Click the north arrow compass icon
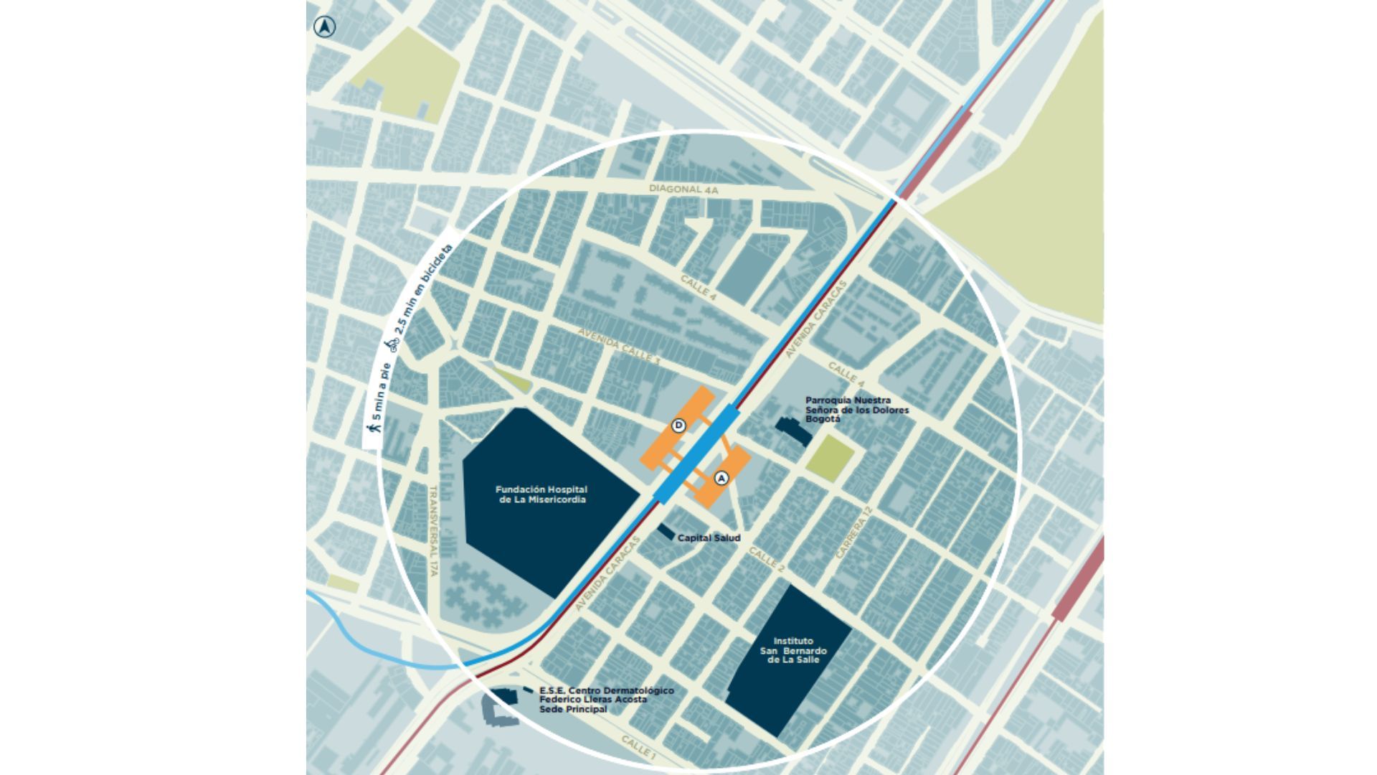pyautogui.click(x=325, y=27)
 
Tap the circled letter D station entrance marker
pyautogui.click(x=678, y=426)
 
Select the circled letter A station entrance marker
pyautogui.click(x=721, y=478)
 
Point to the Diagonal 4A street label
pyautogui.click(x=683, y=189)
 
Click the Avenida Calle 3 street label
pyautogui.click(x=619, y=347)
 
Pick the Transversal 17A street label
pyautogui.click(x=433, y=530)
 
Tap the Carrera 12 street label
pyautogui.click(x=855, y=532)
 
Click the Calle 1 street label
pyautogui.click(x=638, y=748)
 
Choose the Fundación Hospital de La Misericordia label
pyautogui.click(x=542, y=494)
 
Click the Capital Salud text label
pyautogui.click(x=709, y=538)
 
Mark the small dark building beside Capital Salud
pyautogui.click(x=666, y=532)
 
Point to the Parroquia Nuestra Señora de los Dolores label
pyautogui.click(x=856, y=410)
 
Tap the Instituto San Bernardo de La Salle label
pyautogui.click(x=792, y=650)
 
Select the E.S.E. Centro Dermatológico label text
pyautogui.click(x=606, y=700)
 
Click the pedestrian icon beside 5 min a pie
pyautogui.click(x=372, y=428)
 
